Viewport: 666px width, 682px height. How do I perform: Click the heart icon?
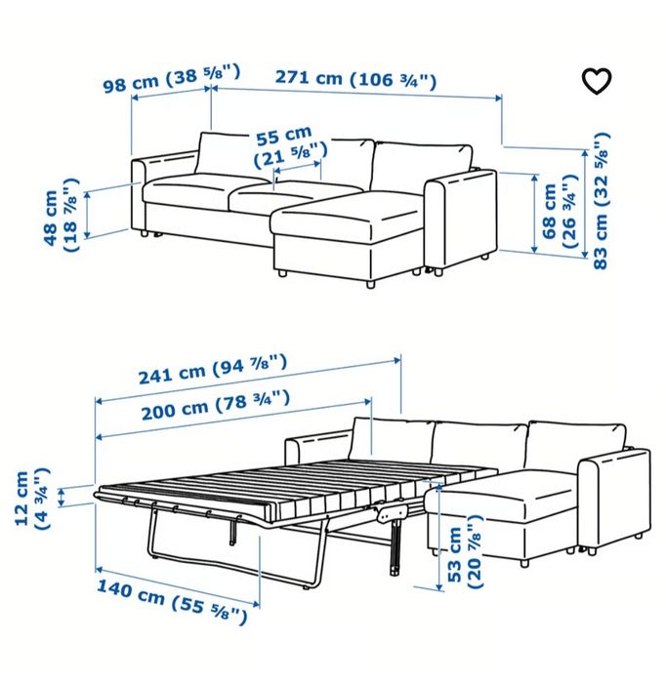pyautogui.click(x=596, y=81)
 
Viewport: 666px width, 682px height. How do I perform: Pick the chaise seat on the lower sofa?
pyautogui.click(x=513, y=503)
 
